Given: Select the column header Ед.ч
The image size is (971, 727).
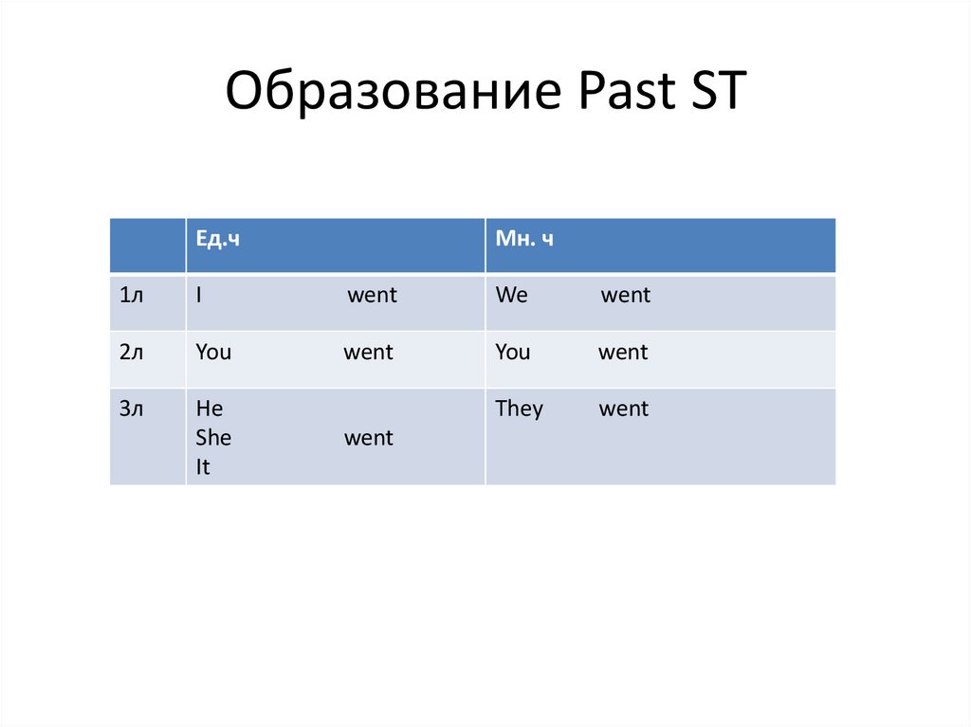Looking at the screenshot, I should pos(217,240).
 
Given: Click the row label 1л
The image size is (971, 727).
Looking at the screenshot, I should pos(132,296).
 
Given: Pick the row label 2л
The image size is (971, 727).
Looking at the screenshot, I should pos(132,353).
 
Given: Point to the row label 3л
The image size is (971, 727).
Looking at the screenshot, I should pos(132,409).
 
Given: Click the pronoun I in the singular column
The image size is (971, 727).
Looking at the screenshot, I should pos(199,296).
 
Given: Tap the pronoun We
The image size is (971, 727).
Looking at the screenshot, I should pos(511,296).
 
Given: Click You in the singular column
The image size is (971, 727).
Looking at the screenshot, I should pos(213,353).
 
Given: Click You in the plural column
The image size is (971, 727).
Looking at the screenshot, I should pos(513,353).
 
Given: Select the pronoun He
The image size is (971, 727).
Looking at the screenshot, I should pos(209,409).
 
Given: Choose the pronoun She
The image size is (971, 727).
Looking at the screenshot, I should pos(213,438).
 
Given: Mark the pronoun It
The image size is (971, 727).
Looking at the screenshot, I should pos(203,466).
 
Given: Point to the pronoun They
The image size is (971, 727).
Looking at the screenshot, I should pos(519,409).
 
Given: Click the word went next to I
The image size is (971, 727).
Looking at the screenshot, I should pos(372,296).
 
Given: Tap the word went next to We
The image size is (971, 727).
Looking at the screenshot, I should pos(626,296).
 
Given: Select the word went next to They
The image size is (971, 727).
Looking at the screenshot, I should pos(624,409).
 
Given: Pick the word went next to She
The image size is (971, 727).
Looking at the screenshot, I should pos(368,438).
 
